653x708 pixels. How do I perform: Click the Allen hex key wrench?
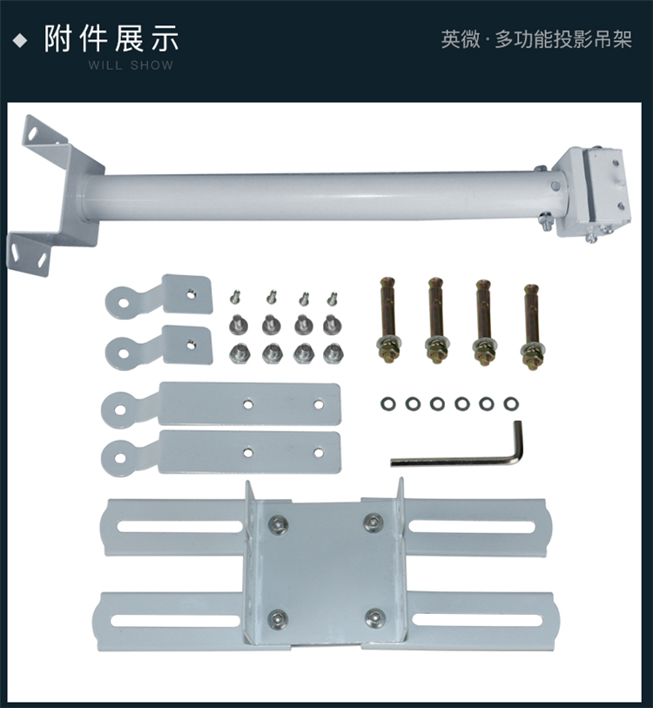(456, 461)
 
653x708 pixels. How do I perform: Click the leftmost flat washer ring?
(388, 404)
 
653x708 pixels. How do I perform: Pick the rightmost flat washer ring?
(511, 404)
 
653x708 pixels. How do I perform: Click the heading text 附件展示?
(111, 39)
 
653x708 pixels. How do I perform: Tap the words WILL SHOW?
(131, 65)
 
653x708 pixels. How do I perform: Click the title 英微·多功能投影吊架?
(536, 39)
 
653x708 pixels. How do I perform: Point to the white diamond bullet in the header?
(20, 41)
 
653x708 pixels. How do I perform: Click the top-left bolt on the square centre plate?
(279, 523)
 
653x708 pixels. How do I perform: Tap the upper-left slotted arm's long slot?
(180, 527)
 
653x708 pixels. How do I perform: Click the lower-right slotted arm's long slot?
(477, 619)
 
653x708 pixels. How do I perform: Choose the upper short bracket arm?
(159, 296)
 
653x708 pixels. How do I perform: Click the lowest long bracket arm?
(221, 453)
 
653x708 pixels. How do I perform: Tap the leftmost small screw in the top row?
(235, 297)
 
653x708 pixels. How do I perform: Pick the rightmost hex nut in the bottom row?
(333, 354)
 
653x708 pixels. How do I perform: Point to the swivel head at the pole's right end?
(591, 192)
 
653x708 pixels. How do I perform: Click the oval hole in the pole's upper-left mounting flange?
(33, 133)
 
